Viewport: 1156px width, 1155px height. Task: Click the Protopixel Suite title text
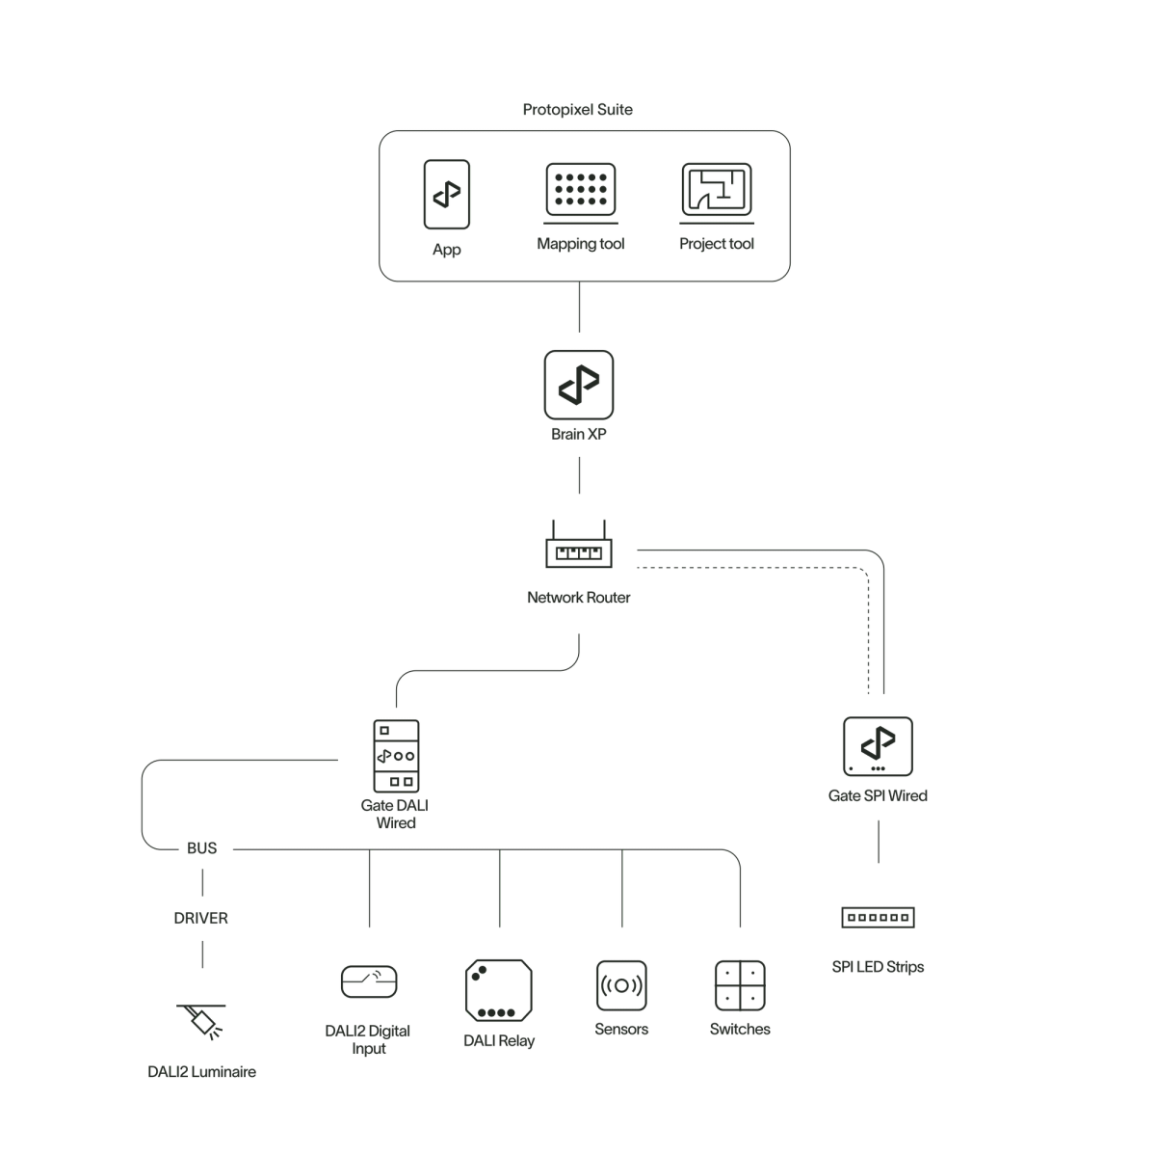578,111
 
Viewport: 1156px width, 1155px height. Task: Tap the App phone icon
446,194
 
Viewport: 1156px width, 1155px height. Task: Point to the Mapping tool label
583,244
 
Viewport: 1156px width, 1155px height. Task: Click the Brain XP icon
578,385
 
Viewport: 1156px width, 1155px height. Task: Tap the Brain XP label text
578,434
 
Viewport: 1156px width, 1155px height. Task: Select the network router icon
578,551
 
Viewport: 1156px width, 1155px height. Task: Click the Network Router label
579,598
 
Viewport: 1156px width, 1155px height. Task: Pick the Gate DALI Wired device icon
396,756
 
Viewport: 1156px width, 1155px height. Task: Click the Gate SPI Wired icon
878,747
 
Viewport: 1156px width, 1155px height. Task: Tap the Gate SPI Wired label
878,796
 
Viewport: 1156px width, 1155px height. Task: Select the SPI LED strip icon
878,917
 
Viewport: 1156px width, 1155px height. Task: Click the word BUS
201,848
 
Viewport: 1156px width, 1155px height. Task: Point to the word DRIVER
200,918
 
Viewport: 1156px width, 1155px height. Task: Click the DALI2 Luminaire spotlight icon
203,1022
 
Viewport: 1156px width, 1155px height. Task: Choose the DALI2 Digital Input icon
369,982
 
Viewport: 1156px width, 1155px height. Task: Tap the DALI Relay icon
498,989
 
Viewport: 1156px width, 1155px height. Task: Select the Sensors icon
621,985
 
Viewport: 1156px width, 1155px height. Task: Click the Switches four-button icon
739,985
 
